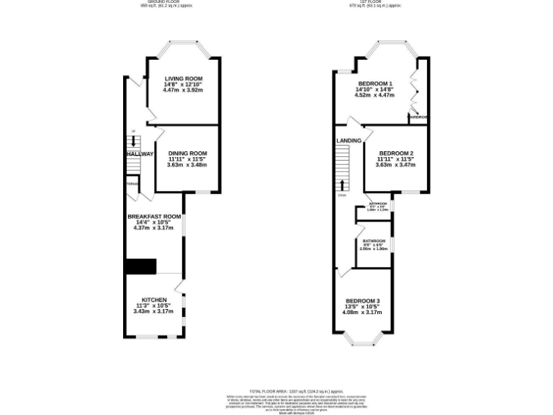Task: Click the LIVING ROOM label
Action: click(x=183, y=79)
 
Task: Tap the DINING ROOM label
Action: click(x=187, y=153)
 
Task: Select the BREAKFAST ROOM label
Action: click(x=153, y=217)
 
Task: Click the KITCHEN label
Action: click(x=154, y=300)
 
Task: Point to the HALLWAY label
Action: click(x=140, y=154)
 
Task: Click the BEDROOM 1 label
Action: click(x=376, y=84)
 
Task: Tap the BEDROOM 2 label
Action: click(x=395, y=153)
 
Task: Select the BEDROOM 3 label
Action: click(x=362, y=300)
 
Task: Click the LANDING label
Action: click(x=349, y=140)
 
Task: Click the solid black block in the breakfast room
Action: click(x=140, y=266)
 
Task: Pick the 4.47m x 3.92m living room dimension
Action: click(x=183, y=90)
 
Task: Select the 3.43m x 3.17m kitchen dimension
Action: click(x=154, y=312)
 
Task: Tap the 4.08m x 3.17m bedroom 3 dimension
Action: click(x=362, y=313)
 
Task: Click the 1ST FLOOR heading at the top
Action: click(x=374, y=2)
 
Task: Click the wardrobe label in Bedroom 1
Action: click(x=418, y=117)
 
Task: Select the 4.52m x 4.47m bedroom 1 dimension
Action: click(x=376, y=95)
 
